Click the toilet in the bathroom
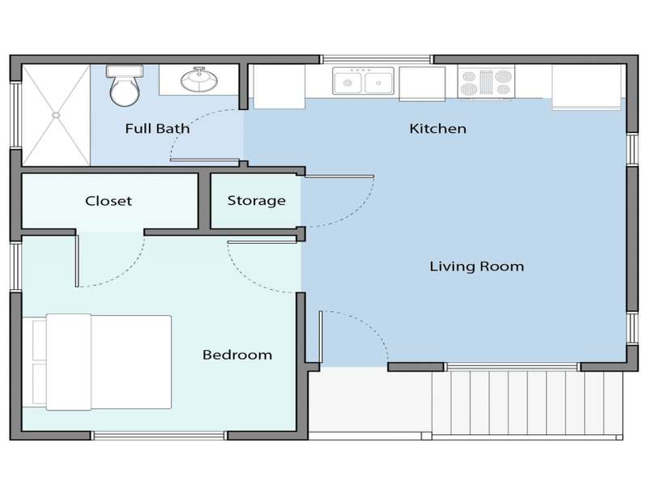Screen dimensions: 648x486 pos(124,85)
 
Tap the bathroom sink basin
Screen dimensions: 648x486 pos(198,79)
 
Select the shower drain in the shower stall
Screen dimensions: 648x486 pos(56,115)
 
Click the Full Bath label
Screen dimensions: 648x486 pos(157,129)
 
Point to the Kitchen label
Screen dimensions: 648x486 pos(437,129)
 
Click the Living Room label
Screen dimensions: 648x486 pos(476,266)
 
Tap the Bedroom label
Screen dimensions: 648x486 pos(237,355)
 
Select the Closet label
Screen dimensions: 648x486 pos(109,201)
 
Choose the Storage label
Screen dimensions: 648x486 pos(256,201)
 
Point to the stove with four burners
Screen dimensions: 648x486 pos(486,82)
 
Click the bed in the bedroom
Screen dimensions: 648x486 pos(97,362)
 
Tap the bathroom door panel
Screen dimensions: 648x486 pos(205,160)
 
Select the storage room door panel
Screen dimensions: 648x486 pos(339,177)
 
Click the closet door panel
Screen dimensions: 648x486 pos(77,261)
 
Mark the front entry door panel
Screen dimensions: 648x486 pos(320,337)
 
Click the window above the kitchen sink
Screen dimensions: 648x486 pos(377,60)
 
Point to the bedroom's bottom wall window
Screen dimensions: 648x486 pos(159,435)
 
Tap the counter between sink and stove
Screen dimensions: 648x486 pos(422,84)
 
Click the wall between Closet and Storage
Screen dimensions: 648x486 pos(204,200)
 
